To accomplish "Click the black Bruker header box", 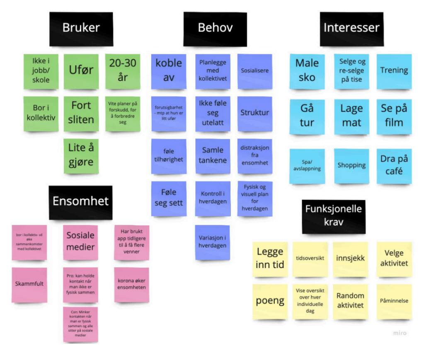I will (81, 29).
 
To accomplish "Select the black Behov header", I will (215, 29).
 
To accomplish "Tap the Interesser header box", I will (351, 29).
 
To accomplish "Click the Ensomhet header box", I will (80, 202).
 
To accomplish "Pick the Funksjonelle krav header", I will (334, 215).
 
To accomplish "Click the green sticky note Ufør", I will (81, 71).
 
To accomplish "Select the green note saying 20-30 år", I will (122, 71).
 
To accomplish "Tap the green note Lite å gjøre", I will (81, 156).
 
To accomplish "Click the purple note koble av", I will (169, 71).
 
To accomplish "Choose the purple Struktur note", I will (254, 113).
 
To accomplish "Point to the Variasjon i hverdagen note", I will (212, 242).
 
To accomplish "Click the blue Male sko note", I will (307, 71).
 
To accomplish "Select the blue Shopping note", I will (351, 166).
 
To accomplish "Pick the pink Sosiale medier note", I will (80, 242).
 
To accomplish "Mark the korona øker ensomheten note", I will (131, 284).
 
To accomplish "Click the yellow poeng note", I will (270, 301).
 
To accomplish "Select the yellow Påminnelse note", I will (394, 301).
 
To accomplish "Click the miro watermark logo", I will (400, 333).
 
